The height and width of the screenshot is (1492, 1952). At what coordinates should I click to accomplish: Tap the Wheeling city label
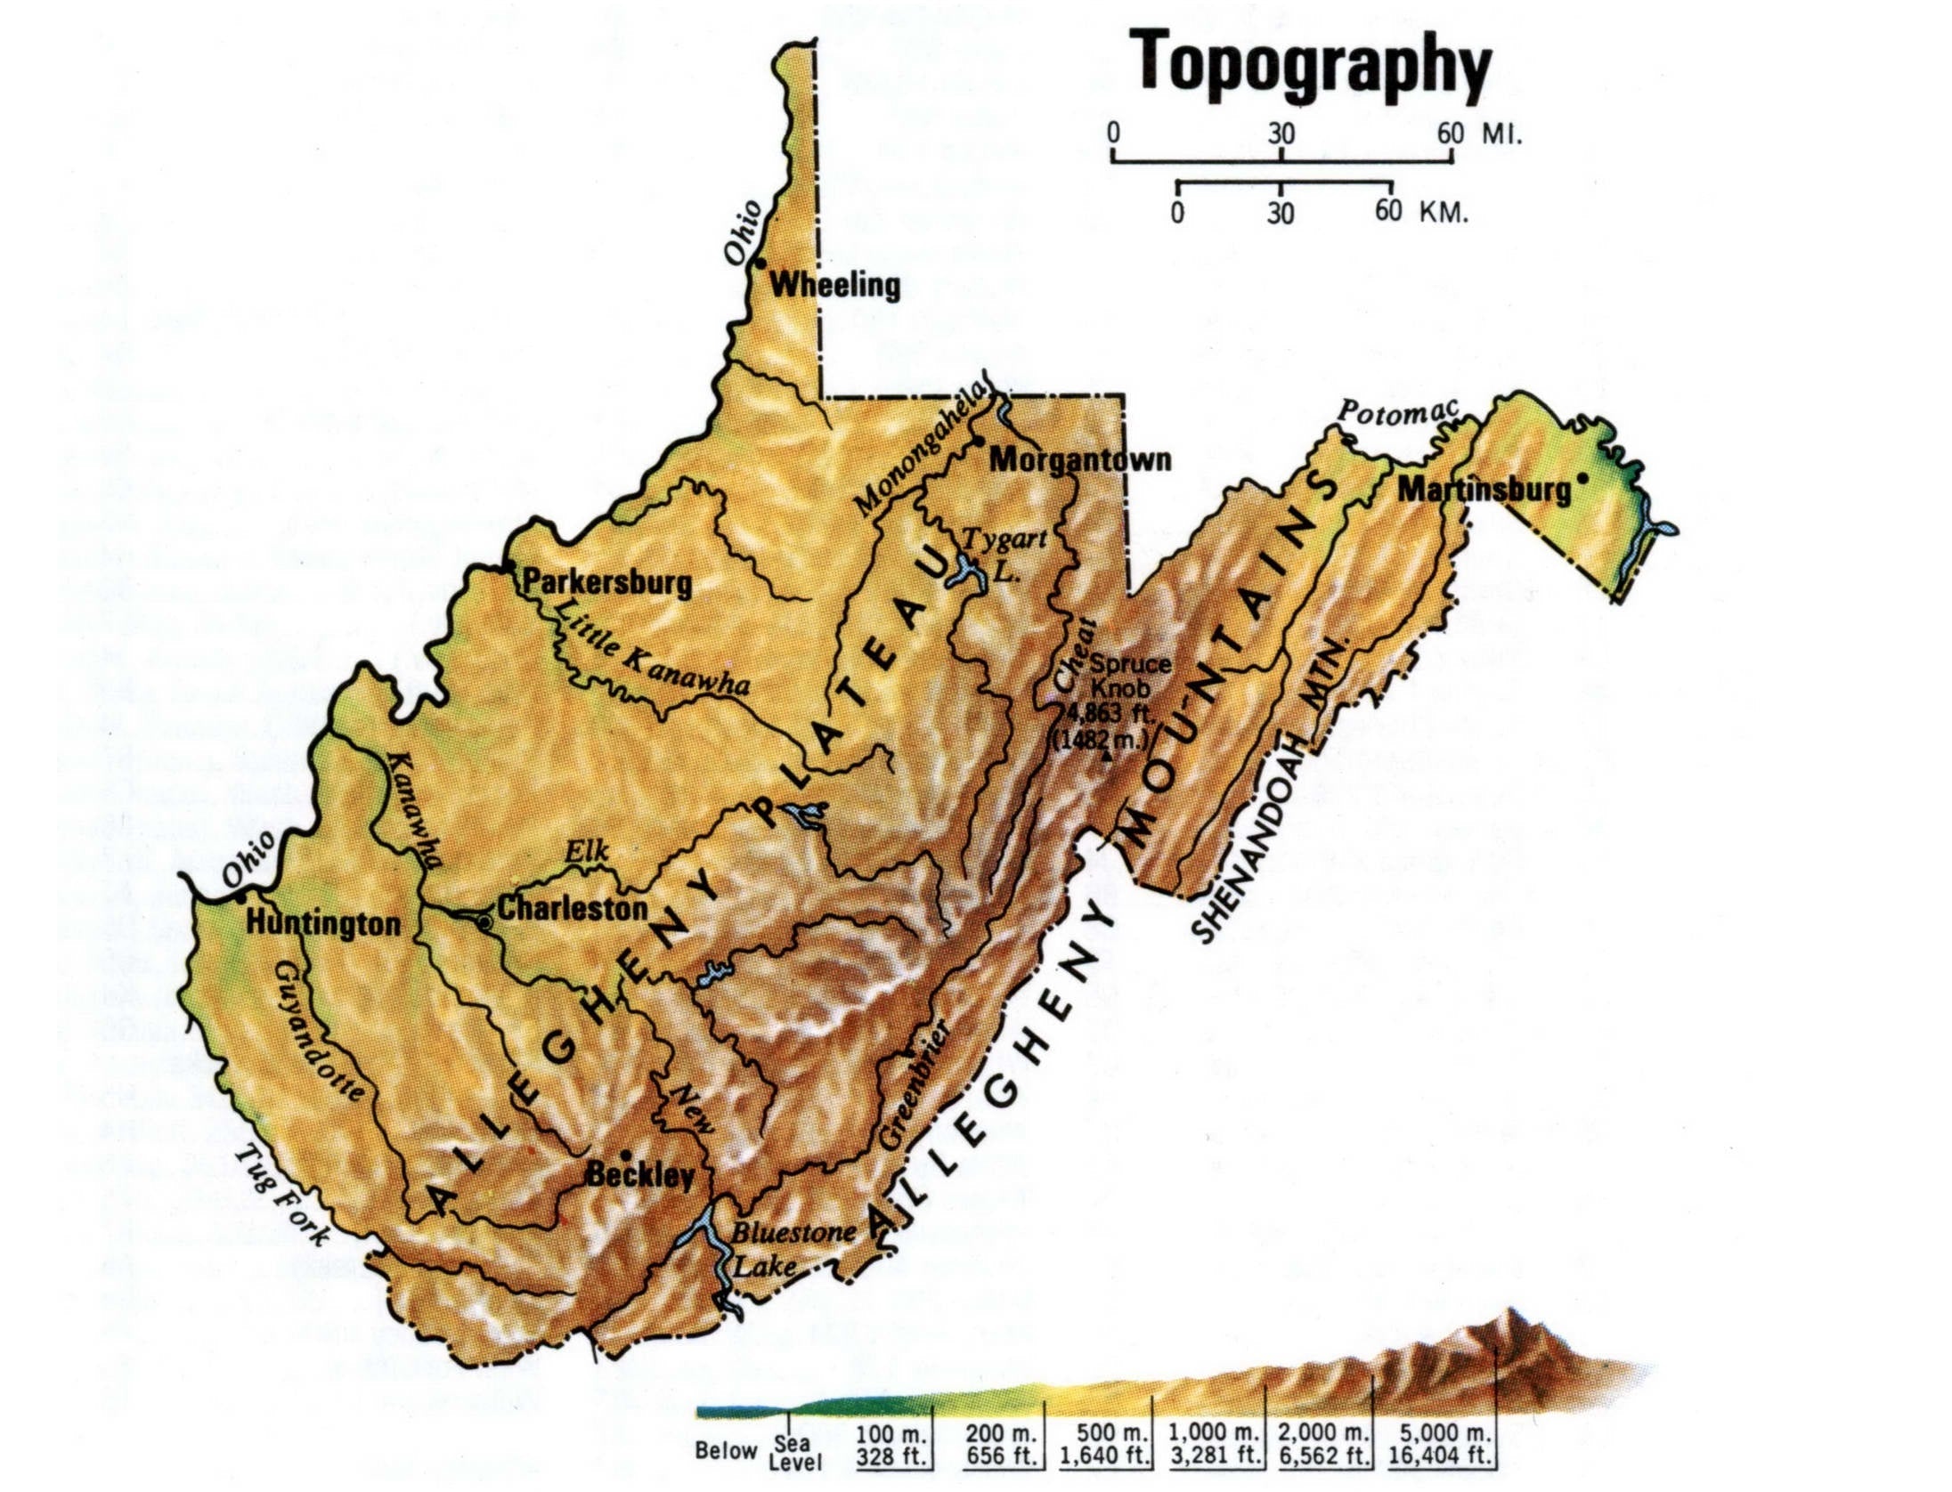click(x=834, y=285)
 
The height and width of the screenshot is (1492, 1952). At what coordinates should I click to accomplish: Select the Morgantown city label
click(x=1080, y=460)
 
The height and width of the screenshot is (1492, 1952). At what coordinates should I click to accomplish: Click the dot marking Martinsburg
click(x=1582, y=478)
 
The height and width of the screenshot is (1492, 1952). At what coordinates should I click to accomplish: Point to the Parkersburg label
click(x=606, y=583)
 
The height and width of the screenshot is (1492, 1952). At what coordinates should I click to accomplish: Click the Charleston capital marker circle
click(x=484, y=922)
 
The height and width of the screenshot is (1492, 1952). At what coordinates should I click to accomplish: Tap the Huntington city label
click(x=323, y=923)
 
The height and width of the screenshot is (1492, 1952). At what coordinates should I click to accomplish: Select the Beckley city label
click(x=640, y=1175)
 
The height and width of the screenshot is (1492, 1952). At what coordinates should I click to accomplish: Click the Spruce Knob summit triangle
click(x=1107, y=758)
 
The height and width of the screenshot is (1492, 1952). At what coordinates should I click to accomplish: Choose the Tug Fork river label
click(x=282, y=1194)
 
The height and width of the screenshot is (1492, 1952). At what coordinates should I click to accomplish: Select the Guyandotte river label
click(x=319, y=1030)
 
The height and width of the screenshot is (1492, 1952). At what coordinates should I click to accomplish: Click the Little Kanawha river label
click(x=652, y=647)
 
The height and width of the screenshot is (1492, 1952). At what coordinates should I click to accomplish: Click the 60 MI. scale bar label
click(x=1479, y=134)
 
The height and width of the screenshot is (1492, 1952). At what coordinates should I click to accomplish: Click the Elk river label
click(x=588, y=852)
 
